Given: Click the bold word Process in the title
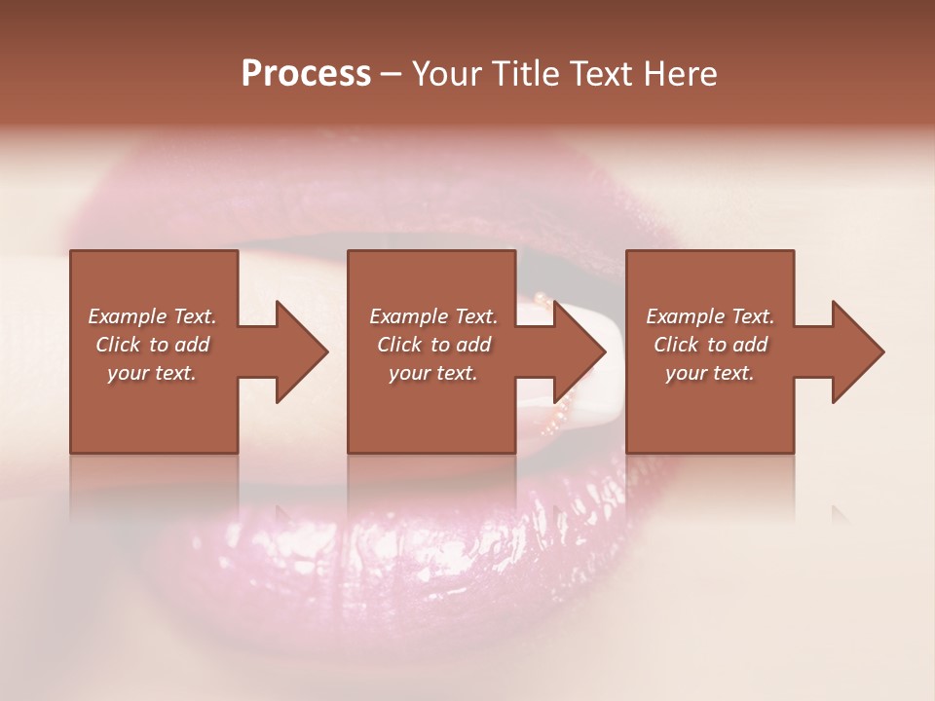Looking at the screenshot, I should coord(306,74).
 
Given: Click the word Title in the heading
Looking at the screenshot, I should coord(526,74).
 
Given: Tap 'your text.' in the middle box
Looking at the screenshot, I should coord(433,373).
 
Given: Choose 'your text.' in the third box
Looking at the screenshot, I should coord(710,373).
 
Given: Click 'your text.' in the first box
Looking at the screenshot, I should coord(152,373).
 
